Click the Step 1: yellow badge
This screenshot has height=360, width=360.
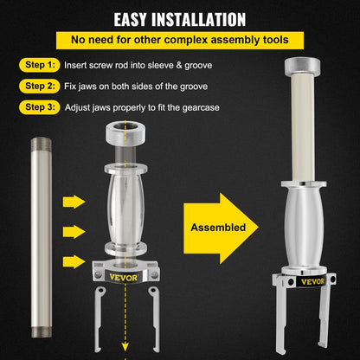click(x=40, y=65)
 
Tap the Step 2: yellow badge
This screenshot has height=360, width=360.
click(x=40, y=86)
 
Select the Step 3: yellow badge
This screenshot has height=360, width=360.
click(x=40, y=107)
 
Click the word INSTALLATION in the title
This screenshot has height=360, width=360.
click(x=199, y=19)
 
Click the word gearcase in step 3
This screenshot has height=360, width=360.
click(x=201, y=108)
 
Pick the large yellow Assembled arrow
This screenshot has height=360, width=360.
click(x=221, y=228)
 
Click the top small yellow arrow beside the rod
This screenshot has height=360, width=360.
click(x=74, y=202)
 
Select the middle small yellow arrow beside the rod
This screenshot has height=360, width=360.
click(x=74, y=232)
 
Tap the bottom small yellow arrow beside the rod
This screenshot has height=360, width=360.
click(x=74, y=261)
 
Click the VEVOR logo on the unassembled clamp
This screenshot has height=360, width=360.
click(x=124, y=278)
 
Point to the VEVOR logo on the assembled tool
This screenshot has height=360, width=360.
click(x=312, y=281)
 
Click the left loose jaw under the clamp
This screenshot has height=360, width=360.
click(x=99, y=319)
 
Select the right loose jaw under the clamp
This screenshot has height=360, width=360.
click(x=155, y=319)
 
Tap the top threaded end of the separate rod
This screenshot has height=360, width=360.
click(x=42, y=144)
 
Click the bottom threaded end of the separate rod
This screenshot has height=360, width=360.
click(x=42, y=332)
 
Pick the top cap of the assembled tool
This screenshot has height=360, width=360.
click(x=302, y=67)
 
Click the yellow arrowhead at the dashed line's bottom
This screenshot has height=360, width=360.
click(x=125, y=347)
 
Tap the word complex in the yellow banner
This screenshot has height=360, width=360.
click(x=188, y=40)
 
